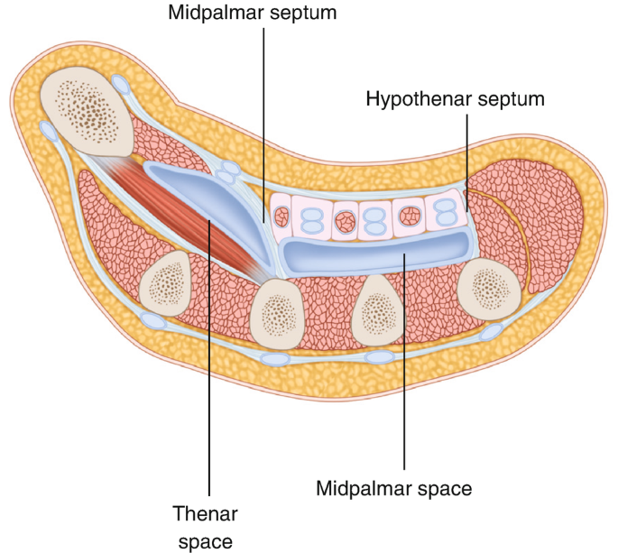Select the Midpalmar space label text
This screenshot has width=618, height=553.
pyautogui.click(x=393, y=490)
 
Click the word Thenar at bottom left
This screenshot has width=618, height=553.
pyautogui.click(x=205, y=514)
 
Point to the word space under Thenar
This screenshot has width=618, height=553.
pyautogui.click(x=205, y=541)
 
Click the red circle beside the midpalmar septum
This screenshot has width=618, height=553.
pyautogui.click(x=283, y=217)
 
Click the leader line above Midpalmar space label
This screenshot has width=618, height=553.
pyautogui.click(x=404, y=361)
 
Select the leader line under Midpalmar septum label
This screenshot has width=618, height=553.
pyautogui.click(x=263, y=108)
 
